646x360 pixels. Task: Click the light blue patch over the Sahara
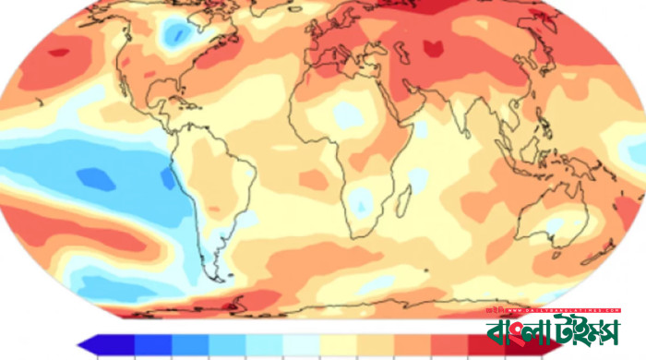(346, 114)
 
